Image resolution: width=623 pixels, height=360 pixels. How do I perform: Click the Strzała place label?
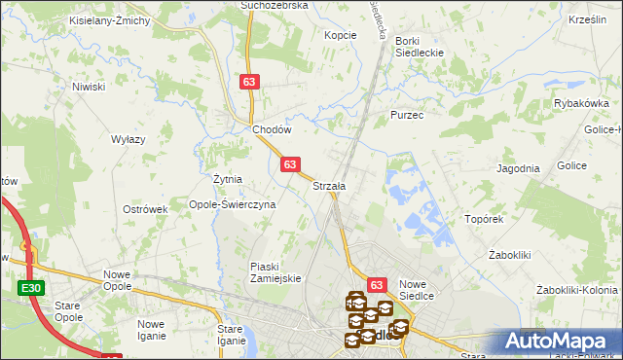[329, 185]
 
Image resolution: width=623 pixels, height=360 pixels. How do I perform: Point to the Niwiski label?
[89, 87]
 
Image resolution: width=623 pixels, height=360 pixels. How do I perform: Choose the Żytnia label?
[227, 179]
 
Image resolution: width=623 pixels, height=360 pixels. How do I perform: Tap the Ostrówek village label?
[146, 209]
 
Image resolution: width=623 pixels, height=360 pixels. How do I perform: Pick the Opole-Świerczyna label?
[233, 204]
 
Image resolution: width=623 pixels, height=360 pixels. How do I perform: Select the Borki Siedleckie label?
[420, 47]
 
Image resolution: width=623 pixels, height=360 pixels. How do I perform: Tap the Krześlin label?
[587, 20]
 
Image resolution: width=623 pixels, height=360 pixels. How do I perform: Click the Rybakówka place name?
[581, 103]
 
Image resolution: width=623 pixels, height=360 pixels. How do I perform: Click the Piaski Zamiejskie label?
[277, 271]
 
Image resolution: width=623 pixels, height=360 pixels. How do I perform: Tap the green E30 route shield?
[29, 289]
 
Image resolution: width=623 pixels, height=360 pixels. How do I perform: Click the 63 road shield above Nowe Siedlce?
[378, 282]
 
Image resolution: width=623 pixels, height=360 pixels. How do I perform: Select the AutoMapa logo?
[560, 341]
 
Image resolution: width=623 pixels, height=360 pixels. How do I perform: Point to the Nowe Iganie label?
[150, 331]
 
